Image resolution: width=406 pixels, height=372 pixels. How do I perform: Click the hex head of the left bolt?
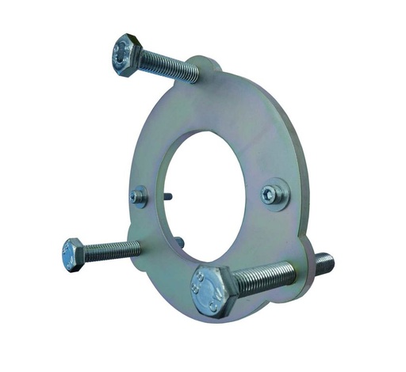click(x=74, y=255)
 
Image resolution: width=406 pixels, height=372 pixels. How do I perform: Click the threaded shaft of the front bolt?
click(x=266, y=276)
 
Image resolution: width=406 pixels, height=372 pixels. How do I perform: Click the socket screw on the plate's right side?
click(x=274, y=194)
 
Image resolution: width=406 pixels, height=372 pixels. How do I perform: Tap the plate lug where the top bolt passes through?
click(x=208, y=70)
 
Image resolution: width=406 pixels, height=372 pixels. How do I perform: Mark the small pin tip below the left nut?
click(x=179, y=241)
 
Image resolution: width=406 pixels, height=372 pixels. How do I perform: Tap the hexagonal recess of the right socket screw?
click(x=274, y=192)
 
